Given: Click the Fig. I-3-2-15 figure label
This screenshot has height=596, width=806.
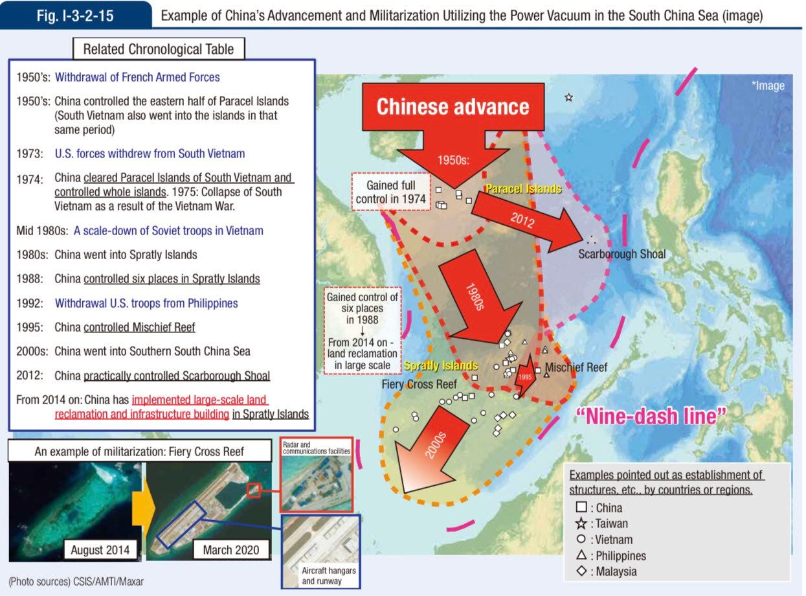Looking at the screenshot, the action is [76, 15].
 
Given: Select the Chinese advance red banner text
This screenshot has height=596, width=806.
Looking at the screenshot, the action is [453, 107].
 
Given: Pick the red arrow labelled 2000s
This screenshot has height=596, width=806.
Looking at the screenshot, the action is [432, 454].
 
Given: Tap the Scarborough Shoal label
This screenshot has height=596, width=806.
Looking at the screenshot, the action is [621, 254].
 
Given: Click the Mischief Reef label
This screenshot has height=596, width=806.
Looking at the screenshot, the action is [576, 367].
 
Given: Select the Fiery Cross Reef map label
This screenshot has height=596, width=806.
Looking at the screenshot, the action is [419, 384].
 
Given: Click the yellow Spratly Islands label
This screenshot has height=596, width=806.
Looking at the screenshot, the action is [441, 366].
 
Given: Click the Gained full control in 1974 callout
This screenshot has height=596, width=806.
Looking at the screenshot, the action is [391, 192].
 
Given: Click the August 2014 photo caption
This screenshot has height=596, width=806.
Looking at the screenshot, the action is [100, 550].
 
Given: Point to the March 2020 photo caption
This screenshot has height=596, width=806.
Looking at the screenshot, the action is [230, 550].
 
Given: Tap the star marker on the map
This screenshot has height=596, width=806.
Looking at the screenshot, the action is [568, 98].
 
